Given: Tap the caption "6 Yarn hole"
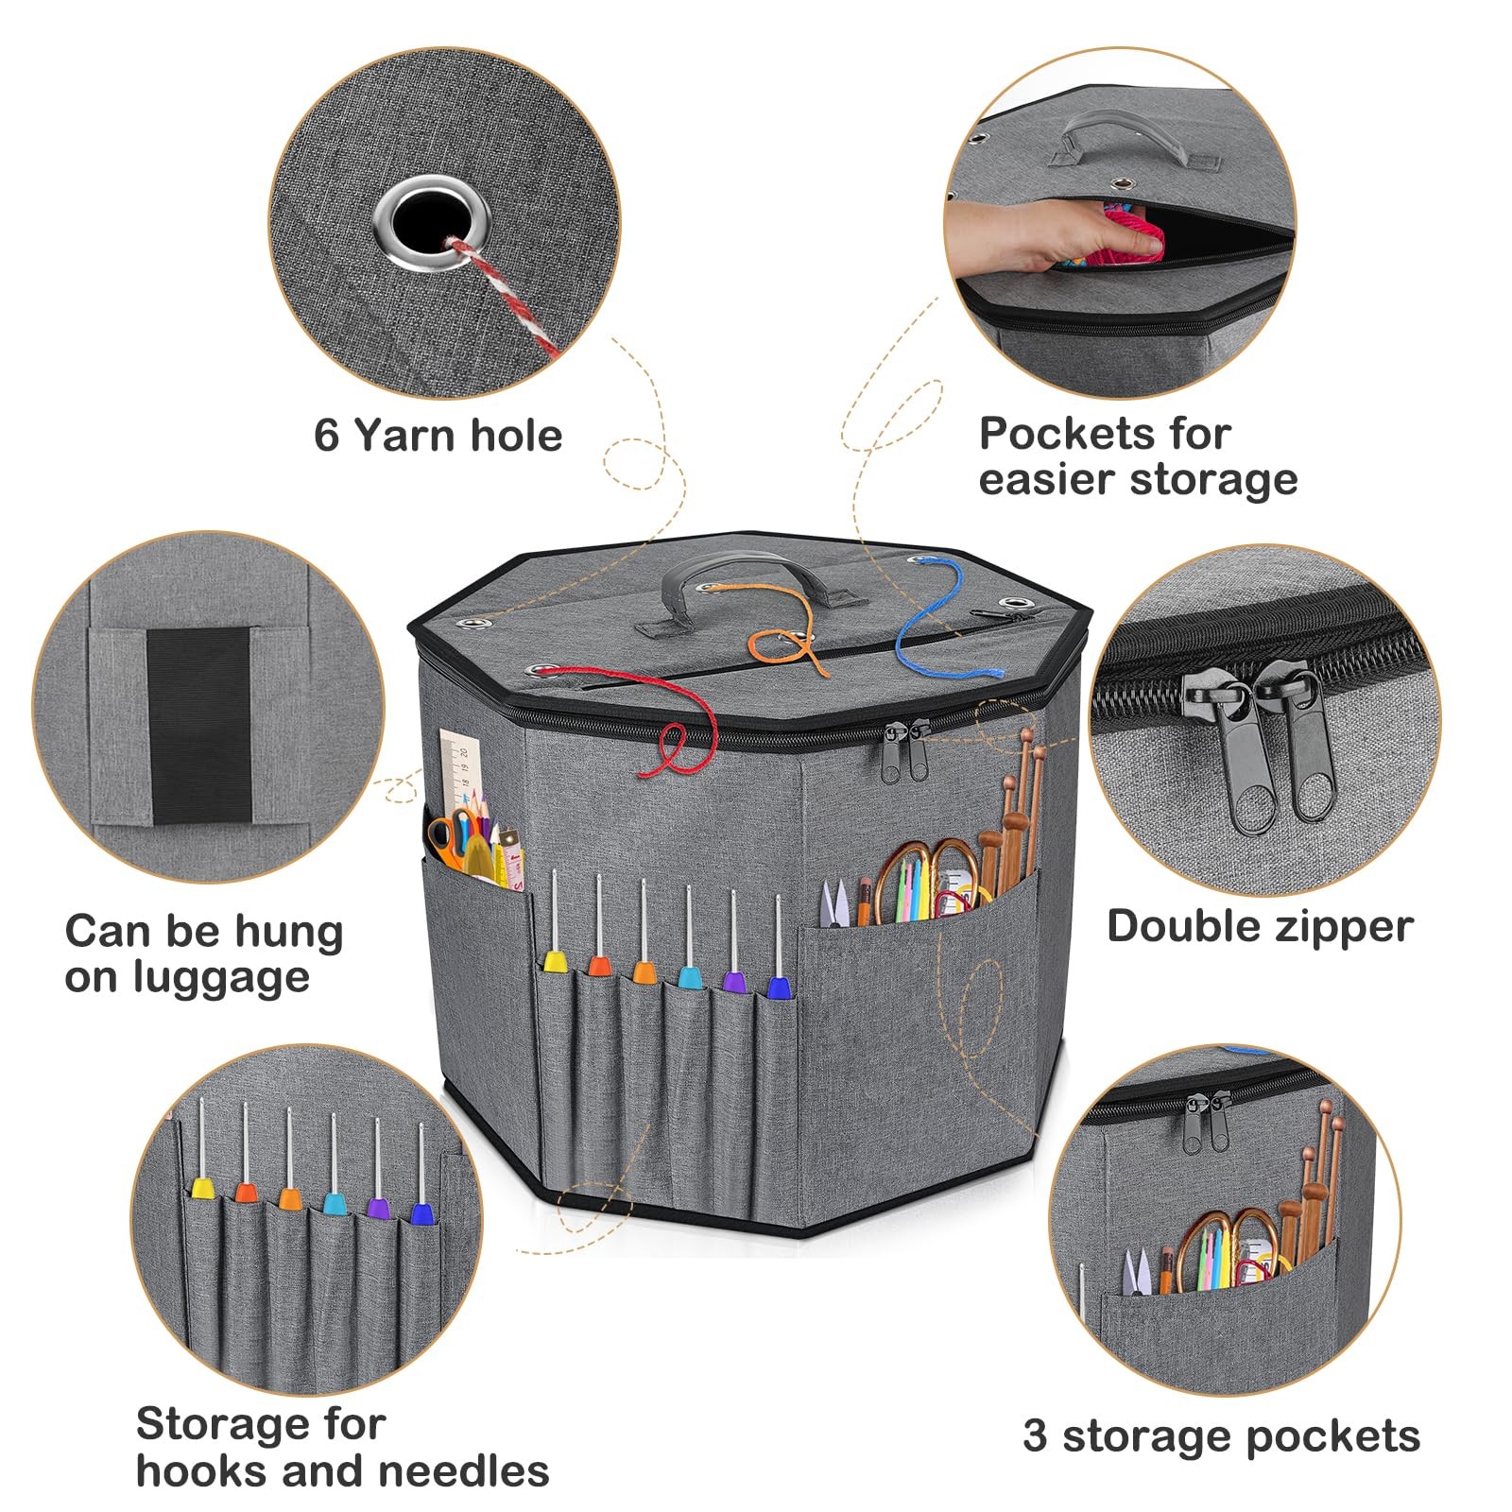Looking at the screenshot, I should click(x=438, y=436).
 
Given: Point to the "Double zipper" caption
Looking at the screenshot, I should click(x=1260, y=926).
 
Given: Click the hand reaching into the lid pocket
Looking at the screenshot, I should click(x=1049, y=232).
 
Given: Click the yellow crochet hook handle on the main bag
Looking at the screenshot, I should click(x=554, y=962).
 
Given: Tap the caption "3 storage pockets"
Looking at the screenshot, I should click(x=1221, y=1436).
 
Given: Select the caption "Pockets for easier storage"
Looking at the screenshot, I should click(x=1137, y=456).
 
